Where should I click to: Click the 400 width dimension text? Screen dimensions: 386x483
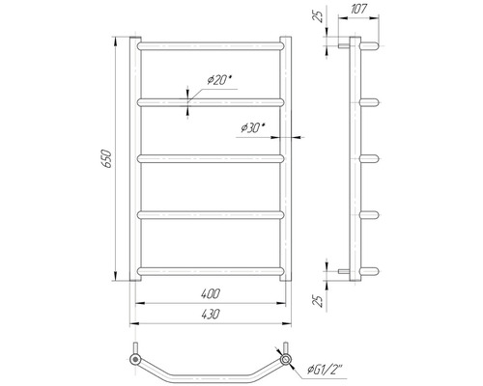coord(212,292)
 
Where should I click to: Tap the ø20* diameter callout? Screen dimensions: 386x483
coord(221,80)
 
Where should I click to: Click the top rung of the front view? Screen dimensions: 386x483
coord(212,44)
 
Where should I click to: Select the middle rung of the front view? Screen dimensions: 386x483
coord(212,157)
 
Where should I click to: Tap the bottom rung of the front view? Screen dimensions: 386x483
coord(212,269)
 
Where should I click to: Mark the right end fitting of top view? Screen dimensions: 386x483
coord(286,360)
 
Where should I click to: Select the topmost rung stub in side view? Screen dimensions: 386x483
coord(370,44)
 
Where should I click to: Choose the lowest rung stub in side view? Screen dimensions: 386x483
coord(370,269)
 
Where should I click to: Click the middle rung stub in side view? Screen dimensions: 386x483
coord(370,157)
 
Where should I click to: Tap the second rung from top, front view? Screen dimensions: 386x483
coord(212,100)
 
